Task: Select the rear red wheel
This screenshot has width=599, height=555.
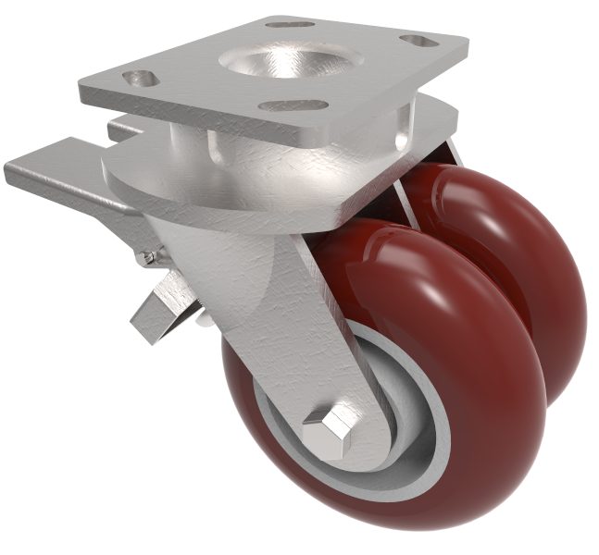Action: (518, 268)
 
